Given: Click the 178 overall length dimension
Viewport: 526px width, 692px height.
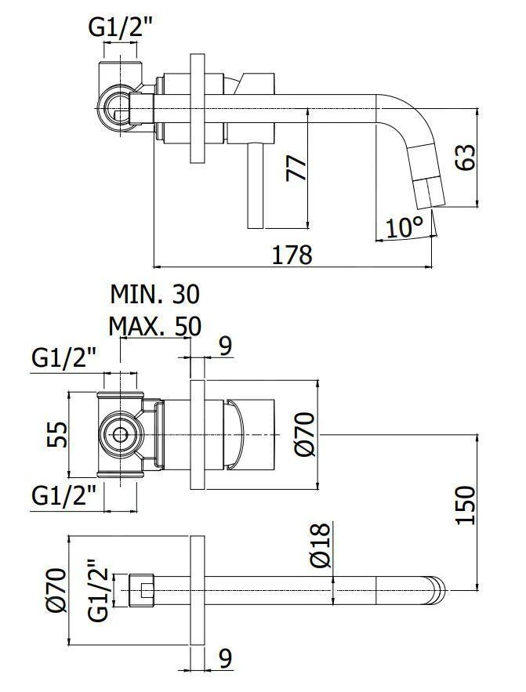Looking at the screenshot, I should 292,254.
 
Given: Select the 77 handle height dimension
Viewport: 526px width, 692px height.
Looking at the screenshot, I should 297,168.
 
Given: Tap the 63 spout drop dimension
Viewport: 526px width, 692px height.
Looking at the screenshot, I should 465,158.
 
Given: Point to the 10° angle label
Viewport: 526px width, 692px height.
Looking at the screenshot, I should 404,226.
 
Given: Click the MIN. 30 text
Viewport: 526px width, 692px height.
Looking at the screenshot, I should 154,294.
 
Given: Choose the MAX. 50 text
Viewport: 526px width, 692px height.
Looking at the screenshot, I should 154,324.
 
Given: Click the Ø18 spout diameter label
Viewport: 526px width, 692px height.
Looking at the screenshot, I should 320,547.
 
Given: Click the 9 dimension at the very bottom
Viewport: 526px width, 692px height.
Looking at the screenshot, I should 226,659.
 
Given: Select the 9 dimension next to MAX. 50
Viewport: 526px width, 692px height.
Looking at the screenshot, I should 226,346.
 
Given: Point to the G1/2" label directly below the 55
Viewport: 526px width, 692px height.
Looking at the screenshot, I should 64,495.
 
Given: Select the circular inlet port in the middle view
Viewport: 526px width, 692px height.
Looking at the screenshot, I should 120,433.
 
